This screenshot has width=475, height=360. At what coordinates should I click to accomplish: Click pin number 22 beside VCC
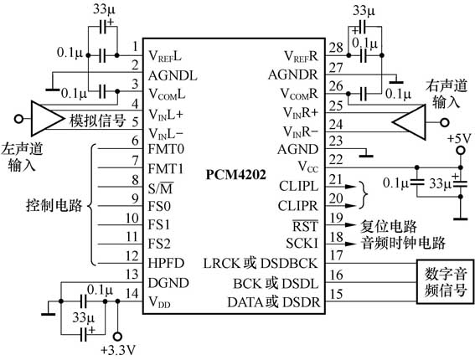coord(336,159)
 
